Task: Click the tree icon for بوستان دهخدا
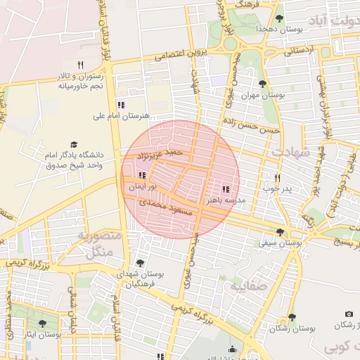point(280,18)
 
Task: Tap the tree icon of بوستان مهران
point(262,84)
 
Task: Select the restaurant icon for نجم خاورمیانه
point(81,65)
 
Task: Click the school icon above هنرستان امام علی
point(121,105)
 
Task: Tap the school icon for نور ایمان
point(142,176)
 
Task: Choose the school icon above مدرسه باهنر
point(226,189)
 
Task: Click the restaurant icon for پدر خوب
point(278,178)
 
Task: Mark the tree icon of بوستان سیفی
point(280,232)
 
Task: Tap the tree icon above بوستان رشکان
point(292,318)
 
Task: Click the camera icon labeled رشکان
point(349,314)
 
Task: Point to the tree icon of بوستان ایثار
point(42,323)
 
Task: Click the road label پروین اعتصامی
point(165,54)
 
